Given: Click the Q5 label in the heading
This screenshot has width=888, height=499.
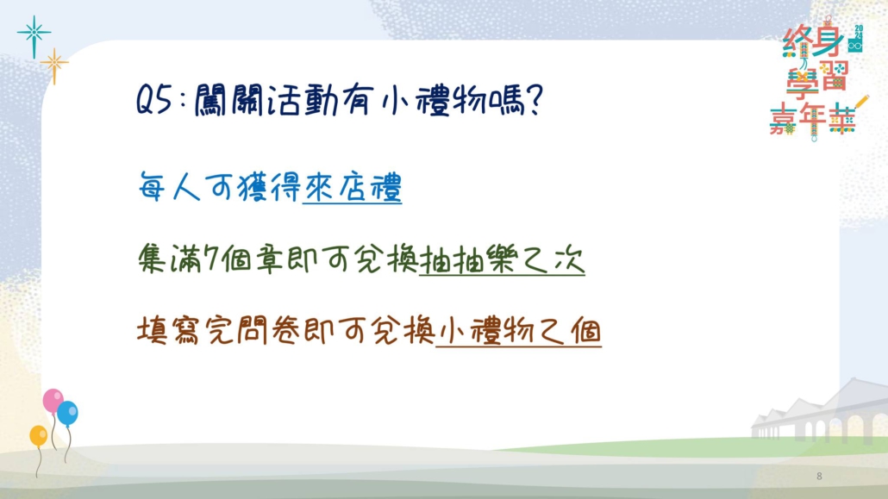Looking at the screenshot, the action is [154, 102].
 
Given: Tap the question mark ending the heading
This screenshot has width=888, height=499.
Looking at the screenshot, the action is [534, 101].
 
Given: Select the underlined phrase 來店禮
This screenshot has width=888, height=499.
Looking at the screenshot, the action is [353, 186].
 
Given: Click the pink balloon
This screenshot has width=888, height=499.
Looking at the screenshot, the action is [53, 401].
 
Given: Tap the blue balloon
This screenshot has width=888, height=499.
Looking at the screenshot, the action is [67, 414].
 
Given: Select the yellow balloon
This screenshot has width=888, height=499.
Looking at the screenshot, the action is [39, 436].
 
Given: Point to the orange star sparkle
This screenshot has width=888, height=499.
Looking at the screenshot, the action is [54, 65].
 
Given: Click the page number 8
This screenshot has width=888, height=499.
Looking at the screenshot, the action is [819, 477].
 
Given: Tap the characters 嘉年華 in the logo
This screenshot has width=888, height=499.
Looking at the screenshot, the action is [813, 119].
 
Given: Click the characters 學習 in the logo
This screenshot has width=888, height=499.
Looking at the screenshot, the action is [816, 78].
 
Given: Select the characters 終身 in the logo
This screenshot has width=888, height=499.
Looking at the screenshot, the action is [813, 42].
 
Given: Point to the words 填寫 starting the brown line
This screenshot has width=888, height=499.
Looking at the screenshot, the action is [168, 331].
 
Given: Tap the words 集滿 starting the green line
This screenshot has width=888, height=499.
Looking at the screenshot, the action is [169, 259].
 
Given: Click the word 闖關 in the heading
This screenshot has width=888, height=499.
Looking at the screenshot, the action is [228, 102].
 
